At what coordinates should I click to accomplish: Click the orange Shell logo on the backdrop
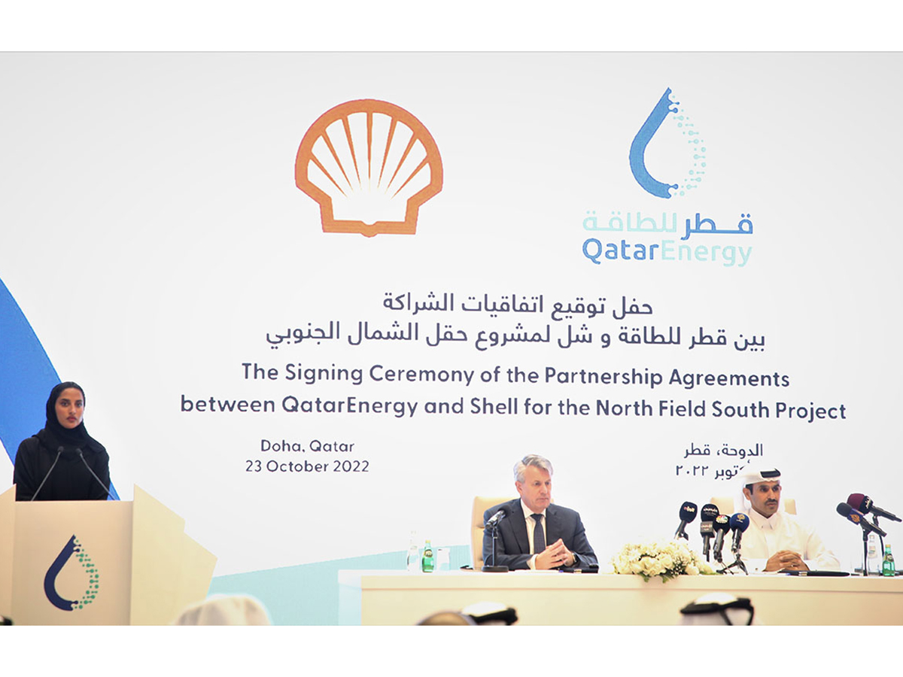(x=369, y=167)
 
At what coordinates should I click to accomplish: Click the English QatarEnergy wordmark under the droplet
(x=667, y=251)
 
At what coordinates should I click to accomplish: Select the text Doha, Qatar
(x=307, y=446)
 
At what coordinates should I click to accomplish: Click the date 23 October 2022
(x=307, y=466)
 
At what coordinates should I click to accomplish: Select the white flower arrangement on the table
(x=659, y=557)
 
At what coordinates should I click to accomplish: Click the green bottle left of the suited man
(x=427, y=556)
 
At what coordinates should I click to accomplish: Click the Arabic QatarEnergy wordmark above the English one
(x=667, y=223)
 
